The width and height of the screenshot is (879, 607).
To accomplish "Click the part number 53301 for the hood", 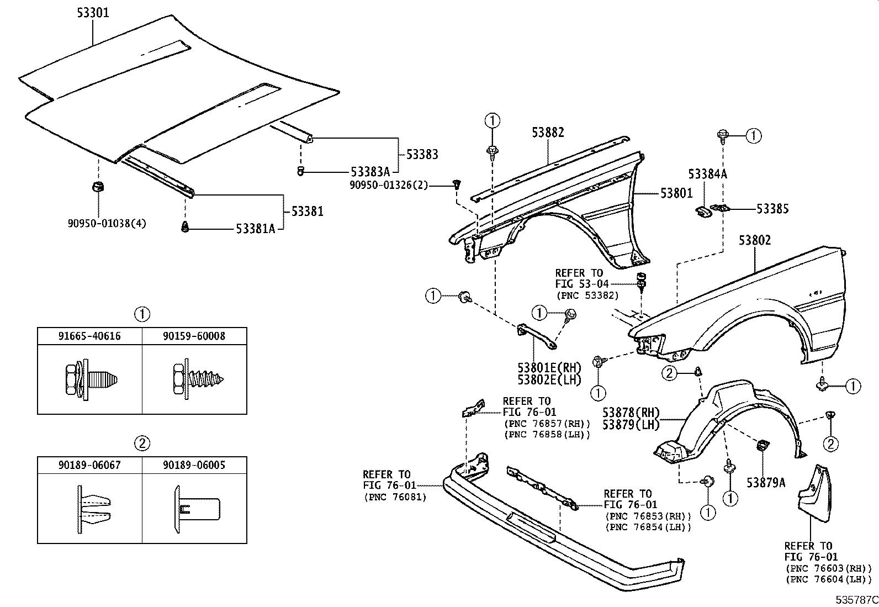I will [93, 13].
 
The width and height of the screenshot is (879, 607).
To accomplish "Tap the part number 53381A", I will [256, 229].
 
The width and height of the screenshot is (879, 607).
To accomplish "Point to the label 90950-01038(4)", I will [107, 224].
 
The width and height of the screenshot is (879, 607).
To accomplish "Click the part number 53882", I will [548, 132].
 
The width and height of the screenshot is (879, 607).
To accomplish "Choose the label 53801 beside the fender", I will [676, 194].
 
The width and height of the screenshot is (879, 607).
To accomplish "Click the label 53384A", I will [707, 174].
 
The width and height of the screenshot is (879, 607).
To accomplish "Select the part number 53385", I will [772, 209].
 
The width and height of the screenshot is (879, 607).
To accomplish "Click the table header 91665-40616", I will [89, 336].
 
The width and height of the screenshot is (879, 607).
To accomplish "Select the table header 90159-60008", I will [194, 336].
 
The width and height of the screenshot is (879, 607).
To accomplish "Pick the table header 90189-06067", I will [89, 465].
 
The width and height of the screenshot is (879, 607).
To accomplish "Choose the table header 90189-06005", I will [194, 465].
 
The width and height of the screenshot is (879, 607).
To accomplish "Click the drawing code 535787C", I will [856, 600].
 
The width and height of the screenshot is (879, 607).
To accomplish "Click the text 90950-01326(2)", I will [389, 185].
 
